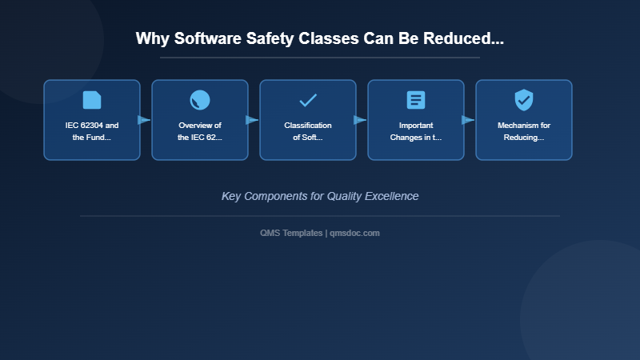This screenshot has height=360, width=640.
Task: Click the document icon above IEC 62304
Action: pos(92,100)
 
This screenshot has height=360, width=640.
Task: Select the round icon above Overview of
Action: pos(200,100)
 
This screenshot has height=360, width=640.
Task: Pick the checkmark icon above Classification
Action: pos(308,100)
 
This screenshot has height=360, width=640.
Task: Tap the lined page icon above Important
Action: pos(416,100)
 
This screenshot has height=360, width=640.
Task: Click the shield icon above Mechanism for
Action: pos(524,100)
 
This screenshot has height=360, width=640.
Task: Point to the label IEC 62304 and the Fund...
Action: pos(92,131)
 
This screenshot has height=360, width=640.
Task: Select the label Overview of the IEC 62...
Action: pos(200,131)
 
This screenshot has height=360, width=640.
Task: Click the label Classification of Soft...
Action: pos(308,131)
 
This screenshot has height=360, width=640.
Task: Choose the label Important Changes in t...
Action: pos(416,131)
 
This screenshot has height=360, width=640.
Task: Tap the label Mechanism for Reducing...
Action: pos(524,131)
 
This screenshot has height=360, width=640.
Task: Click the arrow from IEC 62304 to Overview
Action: pos(144,120)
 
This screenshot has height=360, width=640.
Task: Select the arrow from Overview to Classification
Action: pos(252,120)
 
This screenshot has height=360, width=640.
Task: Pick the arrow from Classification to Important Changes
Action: pos(360,120)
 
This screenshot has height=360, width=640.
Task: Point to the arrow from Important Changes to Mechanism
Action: pos(468,120)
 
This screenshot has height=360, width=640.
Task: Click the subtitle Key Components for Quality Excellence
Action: pos(320,196)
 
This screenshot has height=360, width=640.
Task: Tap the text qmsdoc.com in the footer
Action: pos(354,233)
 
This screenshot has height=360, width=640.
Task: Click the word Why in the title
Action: pos(151,38)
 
